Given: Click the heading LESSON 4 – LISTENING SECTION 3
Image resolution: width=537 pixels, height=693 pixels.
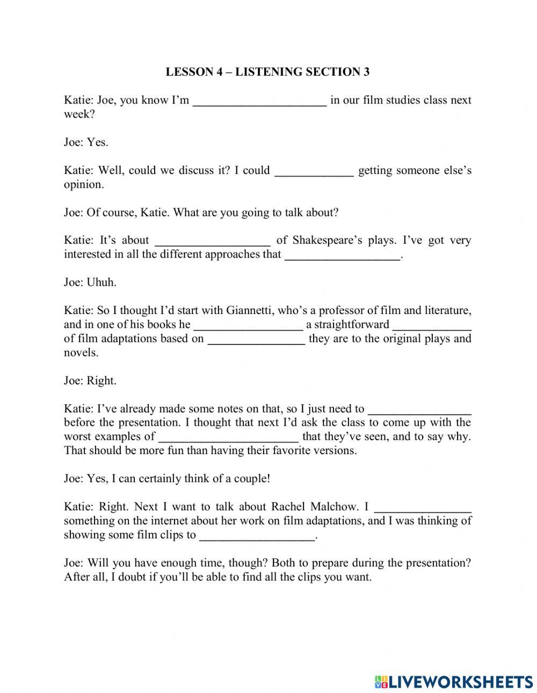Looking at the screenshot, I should tap(267, 72).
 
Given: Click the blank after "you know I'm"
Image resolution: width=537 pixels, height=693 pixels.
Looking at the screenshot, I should tap(260, 101).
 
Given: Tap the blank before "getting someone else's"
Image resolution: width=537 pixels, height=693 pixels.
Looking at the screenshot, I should tap(314, 172).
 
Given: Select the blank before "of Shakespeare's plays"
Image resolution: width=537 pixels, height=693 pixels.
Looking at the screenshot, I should tap(213, 242).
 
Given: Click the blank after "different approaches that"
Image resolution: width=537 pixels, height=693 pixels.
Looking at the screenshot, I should tap(342, 256).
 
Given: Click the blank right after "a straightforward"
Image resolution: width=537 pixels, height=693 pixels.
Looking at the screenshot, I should tap(432, 326).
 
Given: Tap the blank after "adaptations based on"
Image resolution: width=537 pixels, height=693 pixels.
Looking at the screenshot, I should tap(256, 340).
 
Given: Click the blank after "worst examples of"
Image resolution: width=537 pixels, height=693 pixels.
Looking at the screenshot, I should tap(229, 437).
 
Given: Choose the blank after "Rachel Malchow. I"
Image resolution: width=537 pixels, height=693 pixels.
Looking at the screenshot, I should tap(423, 508).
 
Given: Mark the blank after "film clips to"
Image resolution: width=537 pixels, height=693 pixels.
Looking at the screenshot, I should tap(257, 536).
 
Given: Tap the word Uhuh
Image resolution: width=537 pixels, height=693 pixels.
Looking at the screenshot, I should tap(101, 282).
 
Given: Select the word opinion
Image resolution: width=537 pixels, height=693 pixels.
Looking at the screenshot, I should tap(83, 185).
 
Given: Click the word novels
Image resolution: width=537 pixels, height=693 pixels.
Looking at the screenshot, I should tap(81, 353).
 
